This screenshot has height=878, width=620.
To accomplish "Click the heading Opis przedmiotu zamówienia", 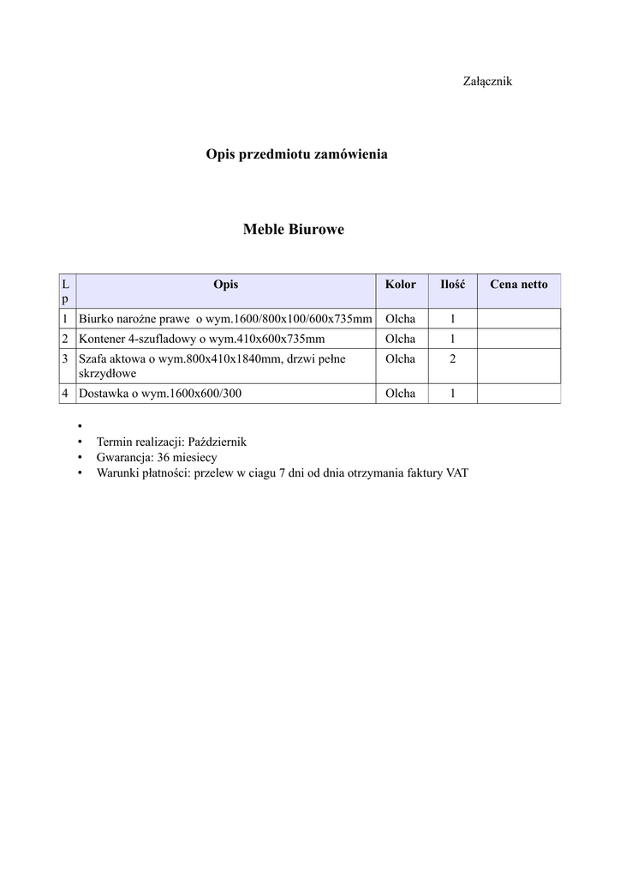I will click(x=296, y=154).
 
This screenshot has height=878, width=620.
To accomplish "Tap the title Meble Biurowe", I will click(x=294, y=229).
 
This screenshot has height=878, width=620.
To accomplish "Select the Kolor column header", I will click(x=401, y=284).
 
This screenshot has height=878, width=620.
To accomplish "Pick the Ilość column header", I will click(x=452, y=284).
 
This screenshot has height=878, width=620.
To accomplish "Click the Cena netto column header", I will click(x=518, y=284).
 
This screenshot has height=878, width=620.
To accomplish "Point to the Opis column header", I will click(x=226, y=284).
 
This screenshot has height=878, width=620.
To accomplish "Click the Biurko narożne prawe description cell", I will click(x=225, y=319).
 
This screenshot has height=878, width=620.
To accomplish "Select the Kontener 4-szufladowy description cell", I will click(x=202, y=339).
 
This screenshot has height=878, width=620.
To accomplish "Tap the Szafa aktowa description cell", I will click(x=212, y=366).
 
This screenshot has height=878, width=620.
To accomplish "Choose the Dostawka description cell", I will click(x=160, y=394).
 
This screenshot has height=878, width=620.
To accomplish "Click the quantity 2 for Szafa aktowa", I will click(x=452, y=359).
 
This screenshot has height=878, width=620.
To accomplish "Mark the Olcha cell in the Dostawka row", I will click(x=401, y=394).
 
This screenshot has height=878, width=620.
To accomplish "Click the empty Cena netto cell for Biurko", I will click(x=518, y=319).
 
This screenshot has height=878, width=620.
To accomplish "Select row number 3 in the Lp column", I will click(x=65, y=359).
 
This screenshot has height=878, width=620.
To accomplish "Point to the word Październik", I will click(x=217, y=442).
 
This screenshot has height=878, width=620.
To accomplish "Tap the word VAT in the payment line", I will click(x=457, y=472).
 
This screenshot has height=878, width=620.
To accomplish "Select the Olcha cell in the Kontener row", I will click(x=401, y=339).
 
